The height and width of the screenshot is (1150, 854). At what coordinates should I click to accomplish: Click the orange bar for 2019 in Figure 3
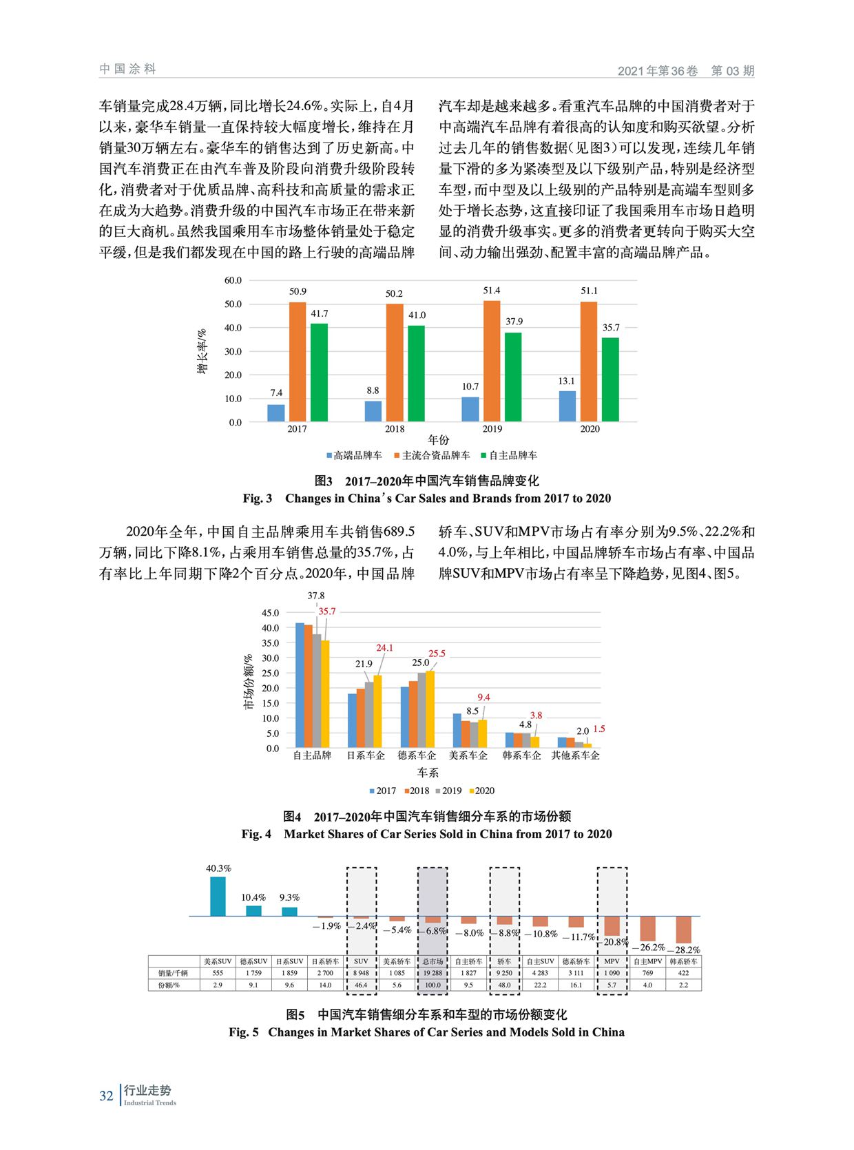(492, 361)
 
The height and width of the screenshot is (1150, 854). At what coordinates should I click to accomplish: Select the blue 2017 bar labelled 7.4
(276, 412)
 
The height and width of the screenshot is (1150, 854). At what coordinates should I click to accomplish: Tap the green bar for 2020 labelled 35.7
(610, 379)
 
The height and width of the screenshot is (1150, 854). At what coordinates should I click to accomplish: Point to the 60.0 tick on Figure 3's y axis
(233, 280)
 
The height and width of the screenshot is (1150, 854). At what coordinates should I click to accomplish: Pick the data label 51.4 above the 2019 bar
(492, 291)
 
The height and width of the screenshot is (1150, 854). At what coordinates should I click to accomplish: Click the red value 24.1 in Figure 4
(384, 647)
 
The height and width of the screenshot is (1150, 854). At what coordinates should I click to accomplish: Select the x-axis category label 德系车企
(417, 755)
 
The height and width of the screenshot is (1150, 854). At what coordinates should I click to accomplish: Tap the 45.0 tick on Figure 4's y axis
(270, 613)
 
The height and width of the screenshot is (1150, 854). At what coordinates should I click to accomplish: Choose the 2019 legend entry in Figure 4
(448, 791)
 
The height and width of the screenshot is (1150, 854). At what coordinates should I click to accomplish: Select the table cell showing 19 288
(433, 973)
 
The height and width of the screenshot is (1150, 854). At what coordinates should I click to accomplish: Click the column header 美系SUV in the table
(218, 961)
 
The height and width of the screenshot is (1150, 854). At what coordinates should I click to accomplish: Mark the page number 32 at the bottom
(106, 1095)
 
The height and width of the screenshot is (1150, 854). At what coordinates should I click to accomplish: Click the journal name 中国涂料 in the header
(127, 69)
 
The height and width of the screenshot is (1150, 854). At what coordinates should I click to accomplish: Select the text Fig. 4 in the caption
(256, 834)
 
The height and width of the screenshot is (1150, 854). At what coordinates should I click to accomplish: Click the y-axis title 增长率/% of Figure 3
(202, 351)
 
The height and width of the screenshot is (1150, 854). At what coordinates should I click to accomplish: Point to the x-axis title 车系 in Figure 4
(428, 773)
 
